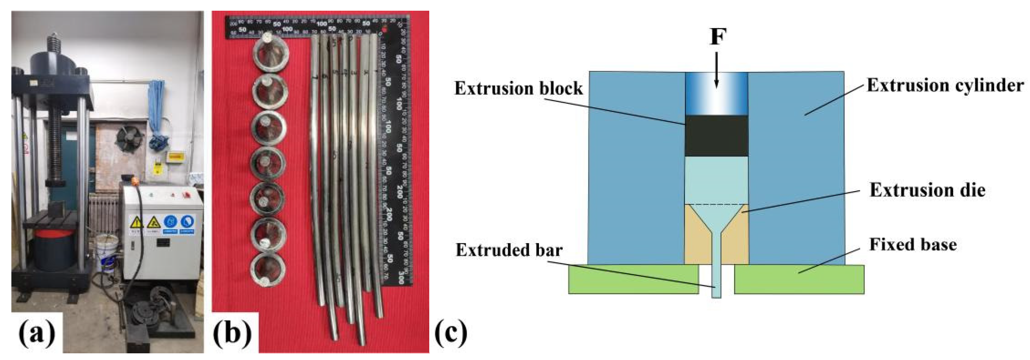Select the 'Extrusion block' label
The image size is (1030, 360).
tap(519, 88)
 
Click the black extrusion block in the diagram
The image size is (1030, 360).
tap(716, 136)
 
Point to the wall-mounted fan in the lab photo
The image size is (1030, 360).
tap(129, 138)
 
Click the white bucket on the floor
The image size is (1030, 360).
tap(106, 252)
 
